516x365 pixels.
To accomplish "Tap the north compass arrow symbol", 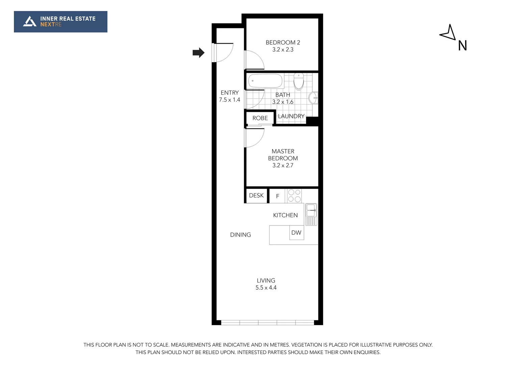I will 448,33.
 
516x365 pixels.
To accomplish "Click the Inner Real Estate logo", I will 60,22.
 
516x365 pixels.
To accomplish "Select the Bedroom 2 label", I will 283,43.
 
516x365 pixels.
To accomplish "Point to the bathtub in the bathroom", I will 265,81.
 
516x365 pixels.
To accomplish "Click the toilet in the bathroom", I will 299,81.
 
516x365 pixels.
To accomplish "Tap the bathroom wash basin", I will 313,98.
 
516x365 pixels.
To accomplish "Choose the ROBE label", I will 260,118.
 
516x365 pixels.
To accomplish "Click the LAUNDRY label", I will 291,116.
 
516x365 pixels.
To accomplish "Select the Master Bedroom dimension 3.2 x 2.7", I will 283,166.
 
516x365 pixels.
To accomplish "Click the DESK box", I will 256,196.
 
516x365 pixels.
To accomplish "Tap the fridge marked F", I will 278,196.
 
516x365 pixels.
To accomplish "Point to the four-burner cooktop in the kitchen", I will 294,196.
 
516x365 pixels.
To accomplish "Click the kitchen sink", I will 311,210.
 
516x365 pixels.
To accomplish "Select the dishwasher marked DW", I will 296,233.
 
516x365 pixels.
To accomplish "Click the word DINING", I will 240,235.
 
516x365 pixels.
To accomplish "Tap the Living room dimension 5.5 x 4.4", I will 266,288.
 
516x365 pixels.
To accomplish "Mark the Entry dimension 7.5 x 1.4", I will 230,100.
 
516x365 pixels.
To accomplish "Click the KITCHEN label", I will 285,215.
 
